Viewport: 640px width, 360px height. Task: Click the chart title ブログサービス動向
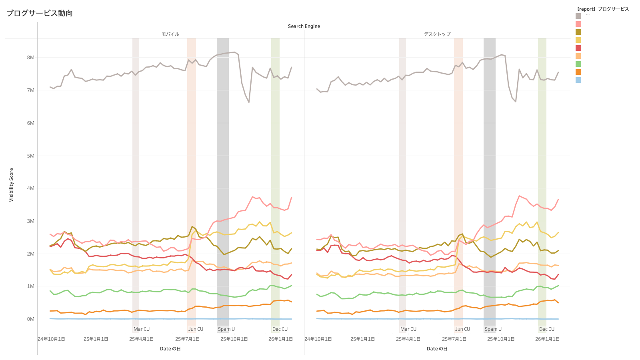pyautogui.click(x=40, y=13)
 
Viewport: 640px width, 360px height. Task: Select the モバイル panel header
pyautogui.click(x=170, y=34)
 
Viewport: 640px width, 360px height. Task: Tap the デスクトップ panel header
pyautogui.click(x=437, y=34)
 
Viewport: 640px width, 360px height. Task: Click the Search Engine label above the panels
pyautogui.click(x=304, y=26)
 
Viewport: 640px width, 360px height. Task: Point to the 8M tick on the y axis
pyautogui.click(x=31, y=58)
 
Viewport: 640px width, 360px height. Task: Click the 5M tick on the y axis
pyautogui.click(x=31, y=156)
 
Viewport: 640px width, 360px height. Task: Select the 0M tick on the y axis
pyautogui.click(x=31, y=319)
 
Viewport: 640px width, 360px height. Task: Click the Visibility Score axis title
pyautogui.click(x=11, y=185)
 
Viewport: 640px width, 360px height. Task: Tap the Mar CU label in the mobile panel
pyautogui.click(x=142, y=329)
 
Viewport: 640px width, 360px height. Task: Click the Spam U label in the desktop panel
pyautogui.click(x=493, y=329)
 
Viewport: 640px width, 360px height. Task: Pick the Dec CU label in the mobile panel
pyautogui.click(x=280, y=329)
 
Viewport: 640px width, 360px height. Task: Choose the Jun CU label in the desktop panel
pyautogui.click(x=462, y=329)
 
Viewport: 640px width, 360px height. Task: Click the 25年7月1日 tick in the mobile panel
pyautogui.click(x=187, y=339)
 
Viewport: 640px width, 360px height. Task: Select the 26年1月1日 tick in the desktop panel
pyautogui.click(x=547, y=339)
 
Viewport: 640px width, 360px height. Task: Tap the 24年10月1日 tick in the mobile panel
pyautogui.click(x=51, y=339)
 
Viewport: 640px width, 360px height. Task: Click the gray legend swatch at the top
pyautogui.click(x=578, y=16)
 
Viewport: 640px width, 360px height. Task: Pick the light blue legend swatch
pyautogui.click(x=578, y=80)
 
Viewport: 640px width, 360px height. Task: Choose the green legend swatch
pyautogui.click(x=578, y=64)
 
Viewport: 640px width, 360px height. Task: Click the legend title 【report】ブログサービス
pyautogui.click(x=603, y=9)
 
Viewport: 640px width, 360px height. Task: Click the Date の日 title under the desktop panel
pyautogui.click(x=437, y=349)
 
